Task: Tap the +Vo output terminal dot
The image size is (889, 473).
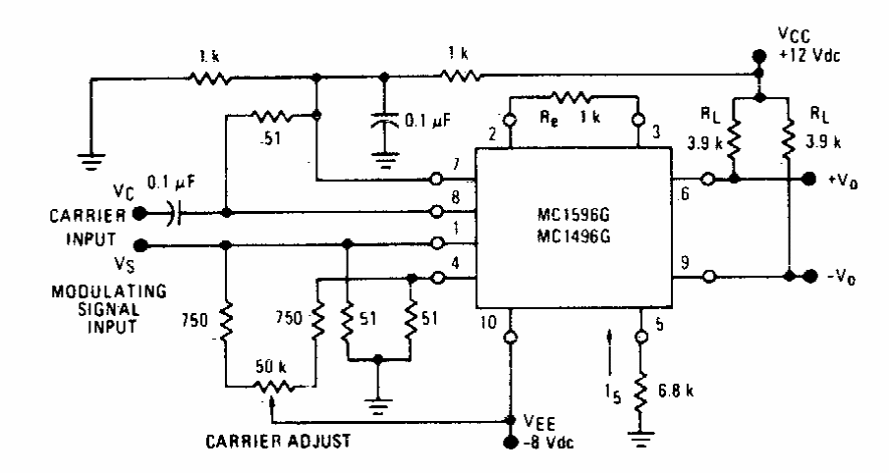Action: [x=809, y=179]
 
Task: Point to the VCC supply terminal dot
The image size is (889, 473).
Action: [x=757, y=55]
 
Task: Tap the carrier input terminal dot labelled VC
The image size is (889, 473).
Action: [x=139, y=211]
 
